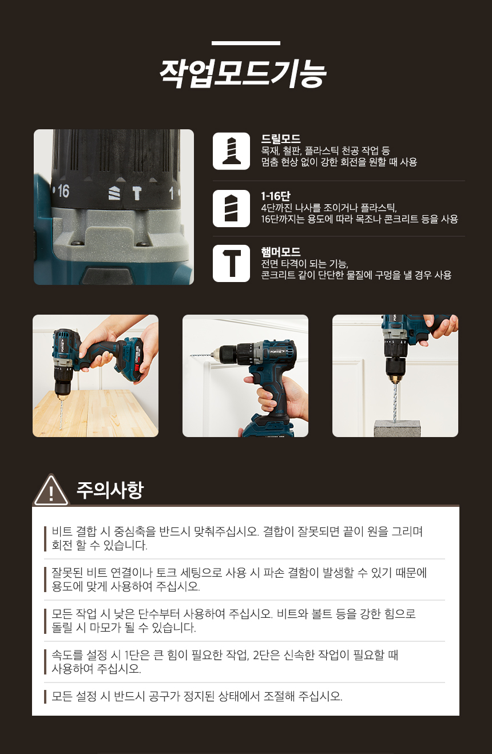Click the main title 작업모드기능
(x=243, y=74)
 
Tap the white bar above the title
(x=246, y=43)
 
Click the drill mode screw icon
(x=231, y=151)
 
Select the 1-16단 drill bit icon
(x=231, y=208)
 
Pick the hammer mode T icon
(x=231, y=263)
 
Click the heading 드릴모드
(x=281, y=138)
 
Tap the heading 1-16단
(x=276, y=196)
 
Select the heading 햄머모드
(x=281, y=252)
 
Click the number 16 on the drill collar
(x=64, y=191)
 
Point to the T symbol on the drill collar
(x=137, y=193)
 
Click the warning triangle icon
(x=51, y=490)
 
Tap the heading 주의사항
(x=110, y=490)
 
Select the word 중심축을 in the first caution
(x=135, y=531)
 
